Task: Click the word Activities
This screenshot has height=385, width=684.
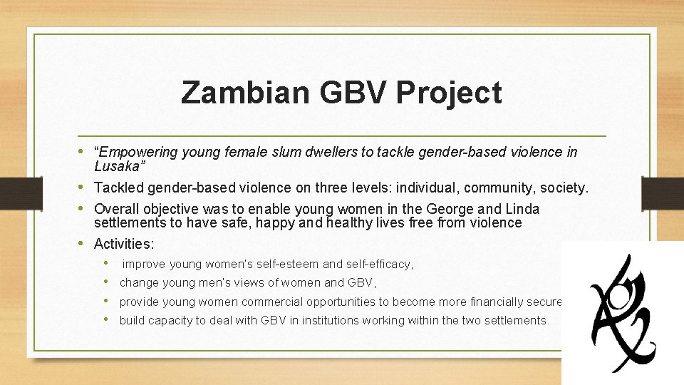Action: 124,244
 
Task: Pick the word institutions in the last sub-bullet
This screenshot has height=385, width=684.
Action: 331,320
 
